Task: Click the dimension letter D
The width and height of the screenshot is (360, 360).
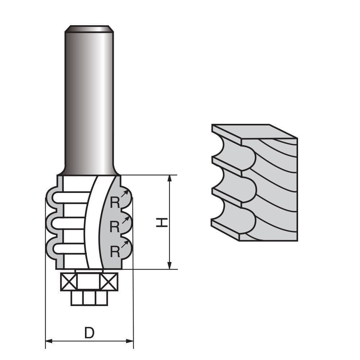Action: [89, 333]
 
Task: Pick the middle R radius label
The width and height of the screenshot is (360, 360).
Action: [114, 227]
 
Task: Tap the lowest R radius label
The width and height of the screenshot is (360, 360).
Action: [114, 252]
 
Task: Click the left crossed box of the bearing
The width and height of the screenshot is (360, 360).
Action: [69, 282]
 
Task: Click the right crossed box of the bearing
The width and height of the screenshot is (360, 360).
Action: [109, 282]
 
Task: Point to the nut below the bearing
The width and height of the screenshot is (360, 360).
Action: [89, 298]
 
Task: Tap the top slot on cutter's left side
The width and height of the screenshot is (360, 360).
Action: [70, 197]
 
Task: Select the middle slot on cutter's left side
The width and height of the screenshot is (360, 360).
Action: [70, 223]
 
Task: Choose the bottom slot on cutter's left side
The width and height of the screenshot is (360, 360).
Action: [70, 248]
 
